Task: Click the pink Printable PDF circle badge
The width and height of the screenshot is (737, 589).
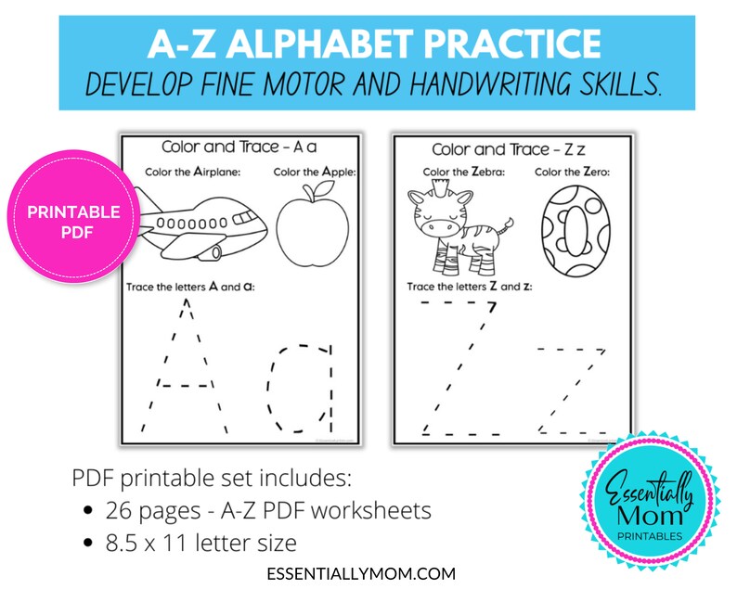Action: pyautogui.click(x=73, y=221)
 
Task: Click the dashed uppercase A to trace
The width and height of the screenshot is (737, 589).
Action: pyautogui.click(x=185, y=371)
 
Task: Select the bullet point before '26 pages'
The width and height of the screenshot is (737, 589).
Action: pyautogui.click(x=87, y=511)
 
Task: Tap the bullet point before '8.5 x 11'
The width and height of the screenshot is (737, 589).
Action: pyautogui.click(x=87, y=541)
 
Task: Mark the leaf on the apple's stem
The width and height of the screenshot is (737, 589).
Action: pyautogui.click(x=324, y=187)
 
